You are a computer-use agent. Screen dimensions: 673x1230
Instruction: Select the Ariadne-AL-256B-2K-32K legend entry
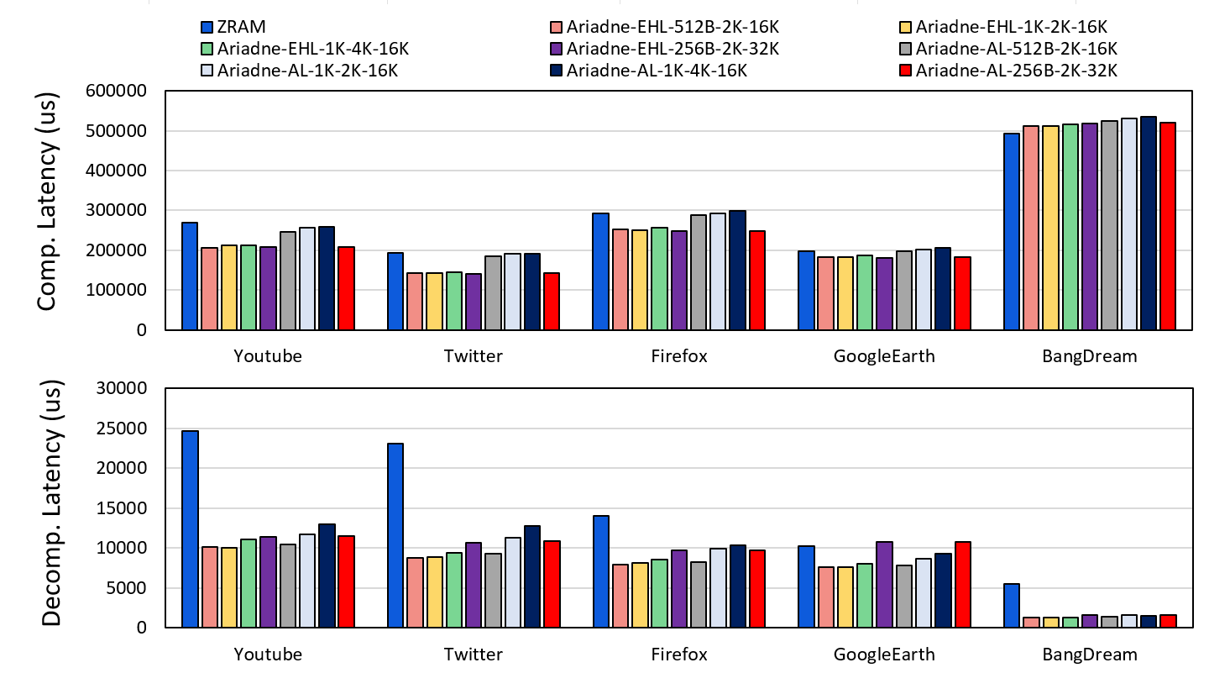tap(1016, 71)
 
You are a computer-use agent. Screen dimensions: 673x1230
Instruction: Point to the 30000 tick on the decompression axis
tap(125, 389)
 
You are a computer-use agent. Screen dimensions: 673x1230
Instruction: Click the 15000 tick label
tap(125, 508)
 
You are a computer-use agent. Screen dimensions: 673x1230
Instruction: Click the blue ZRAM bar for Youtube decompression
tap(190, 528)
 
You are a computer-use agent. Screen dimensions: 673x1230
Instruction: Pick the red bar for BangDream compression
tap(1166, 226)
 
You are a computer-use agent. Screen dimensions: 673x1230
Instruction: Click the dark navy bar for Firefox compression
tap(737, 270)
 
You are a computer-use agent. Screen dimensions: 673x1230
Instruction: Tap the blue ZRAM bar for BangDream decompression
tap(1011, 605)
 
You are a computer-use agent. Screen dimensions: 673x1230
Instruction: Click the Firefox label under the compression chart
tap(679, 356)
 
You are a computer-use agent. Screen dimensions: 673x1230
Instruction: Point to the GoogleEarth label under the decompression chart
tap(884, 655)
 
